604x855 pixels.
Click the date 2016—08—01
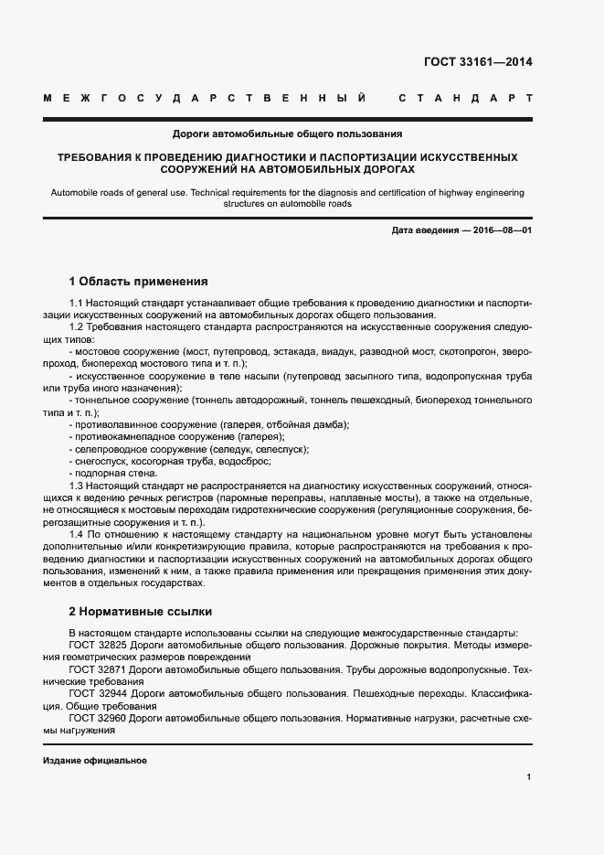click(x=503, y=230)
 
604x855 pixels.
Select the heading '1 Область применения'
click(x=139, y=281)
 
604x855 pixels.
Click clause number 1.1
click(x=77, y=302)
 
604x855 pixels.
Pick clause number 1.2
click(x=77, y=326)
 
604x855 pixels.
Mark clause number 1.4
click(x=77, y=532)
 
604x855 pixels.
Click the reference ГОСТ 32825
click(x=97, y=645)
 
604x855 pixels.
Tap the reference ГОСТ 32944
click(x=97, y=693)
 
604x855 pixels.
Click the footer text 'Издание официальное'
click(x=94, y=761)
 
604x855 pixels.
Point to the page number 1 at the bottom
click(x=529, y=777)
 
